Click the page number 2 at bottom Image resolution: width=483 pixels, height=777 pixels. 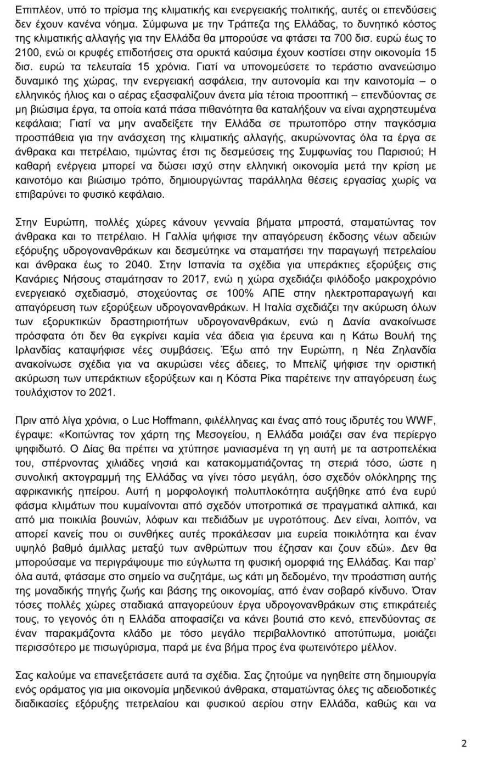464,745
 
